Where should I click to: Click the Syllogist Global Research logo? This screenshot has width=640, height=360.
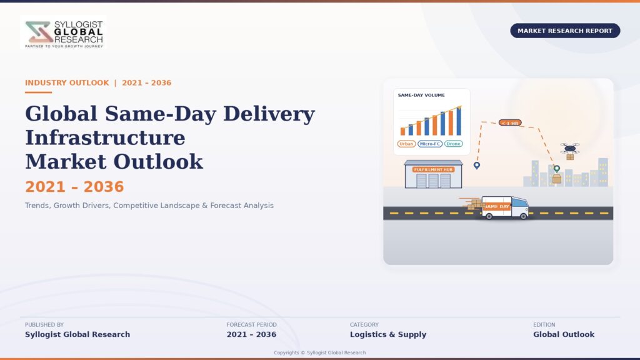pyautogui.click(x=63, y=32)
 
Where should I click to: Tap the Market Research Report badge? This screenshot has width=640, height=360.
pyautogui.click(x=565, y=31)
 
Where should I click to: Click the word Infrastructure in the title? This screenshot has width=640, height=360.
pyautogui.click(x=105, y=137)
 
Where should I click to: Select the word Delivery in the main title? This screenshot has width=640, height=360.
pyautogui.click(x=269, y=114)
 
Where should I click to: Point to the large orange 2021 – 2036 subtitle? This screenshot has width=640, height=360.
pyautogui.click(x=74, y=186)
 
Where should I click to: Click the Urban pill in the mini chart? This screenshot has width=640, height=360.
pyautogui.click(x=406, y=144)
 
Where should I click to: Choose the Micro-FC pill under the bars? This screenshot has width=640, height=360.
pyautogui.click(x=430, y=144)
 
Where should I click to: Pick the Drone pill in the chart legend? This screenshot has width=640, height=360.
pyautogui.click(x=453, y=144)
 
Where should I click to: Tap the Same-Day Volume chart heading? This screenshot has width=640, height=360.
pyautogui.click(x=421, y=95)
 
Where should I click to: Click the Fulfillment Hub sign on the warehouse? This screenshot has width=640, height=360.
pyautogui.click(x=433, y=169)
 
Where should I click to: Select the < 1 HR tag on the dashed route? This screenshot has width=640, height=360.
pyautogui.click(x=510, y=122)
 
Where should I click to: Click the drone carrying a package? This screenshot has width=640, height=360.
pyautogui.click(x=570, y=150)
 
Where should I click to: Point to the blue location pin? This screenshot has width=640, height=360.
pyautogui.click(x=477, y=165)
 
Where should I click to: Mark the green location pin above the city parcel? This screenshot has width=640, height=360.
pyautogui.click(x=557, y=169)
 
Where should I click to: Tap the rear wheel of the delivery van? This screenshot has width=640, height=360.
pyautogui.click(x=489, y=216)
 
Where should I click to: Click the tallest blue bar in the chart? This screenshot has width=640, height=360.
pyautogui.click(x=459, y=121)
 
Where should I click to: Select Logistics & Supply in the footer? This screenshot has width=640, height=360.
pyautogui.click(x=387, y=334)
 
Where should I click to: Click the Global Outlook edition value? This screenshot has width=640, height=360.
pyautogui.click(x=564, y=334)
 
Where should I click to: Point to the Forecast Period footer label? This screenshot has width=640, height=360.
pyautogui.click(x=251, y=324)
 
